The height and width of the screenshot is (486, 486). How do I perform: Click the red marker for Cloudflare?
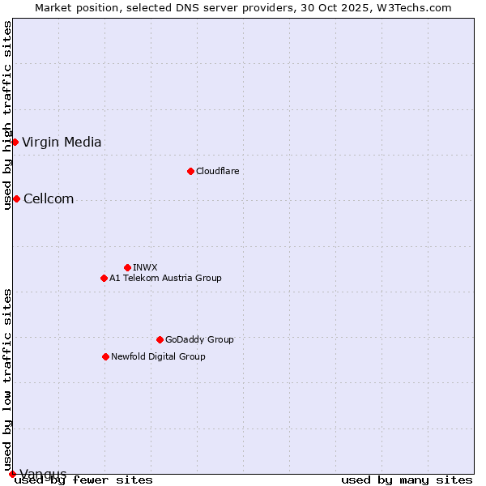pyautogui.click(x=190, y=171)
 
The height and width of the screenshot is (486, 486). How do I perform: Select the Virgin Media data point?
pyautogui.click(x=15, y=143)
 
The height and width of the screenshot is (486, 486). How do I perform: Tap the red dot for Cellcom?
pyautogui.click(x=16, y=199)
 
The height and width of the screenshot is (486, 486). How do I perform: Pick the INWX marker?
pyautogui.click(x=127, y=267)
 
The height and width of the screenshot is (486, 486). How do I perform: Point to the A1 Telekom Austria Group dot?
pyautogui.click(x=104, y=278)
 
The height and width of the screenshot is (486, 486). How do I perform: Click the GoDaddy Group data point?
pyautogui.click(x=160, y=339)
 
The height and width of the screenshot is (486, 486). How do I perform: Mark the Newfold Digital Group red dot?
pyautogui.click(x=105, y=356)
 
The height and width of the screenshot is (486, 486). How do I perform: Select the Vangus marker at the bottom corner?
pyautogui.click(x=12, y=474)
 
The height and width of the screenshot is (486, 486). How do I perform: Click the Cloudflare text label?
pyautogui.click(x=217, y=171)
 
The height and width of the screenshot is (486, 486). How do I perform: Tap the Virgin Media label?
pyautogui.click(x=62, y=143)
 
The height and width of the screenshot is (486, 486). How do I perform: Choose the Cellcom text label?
pyautogui.click(x=49, y=199)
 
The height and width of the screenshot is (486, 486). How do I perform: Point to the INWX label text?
pyautogui.click(x=145, y=267)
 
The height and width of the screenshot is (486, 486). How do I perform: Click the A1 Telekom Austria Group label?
pyautogui.click(x=165, y=278)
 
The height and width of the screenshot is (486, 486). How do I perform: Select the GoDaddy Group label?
pyautogui.click(x=199, y=339)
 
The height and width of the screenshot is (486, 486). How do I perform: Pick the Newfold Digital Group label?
pyautogui.click(x=158, y=356)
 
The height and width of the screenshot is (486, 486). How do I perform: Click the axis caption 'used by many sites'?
pyautogui.click(x=407, y=480)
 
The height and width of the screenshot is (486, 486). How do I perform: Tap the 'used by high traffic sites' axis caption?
pyautogui.click(x=7, y=115)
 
